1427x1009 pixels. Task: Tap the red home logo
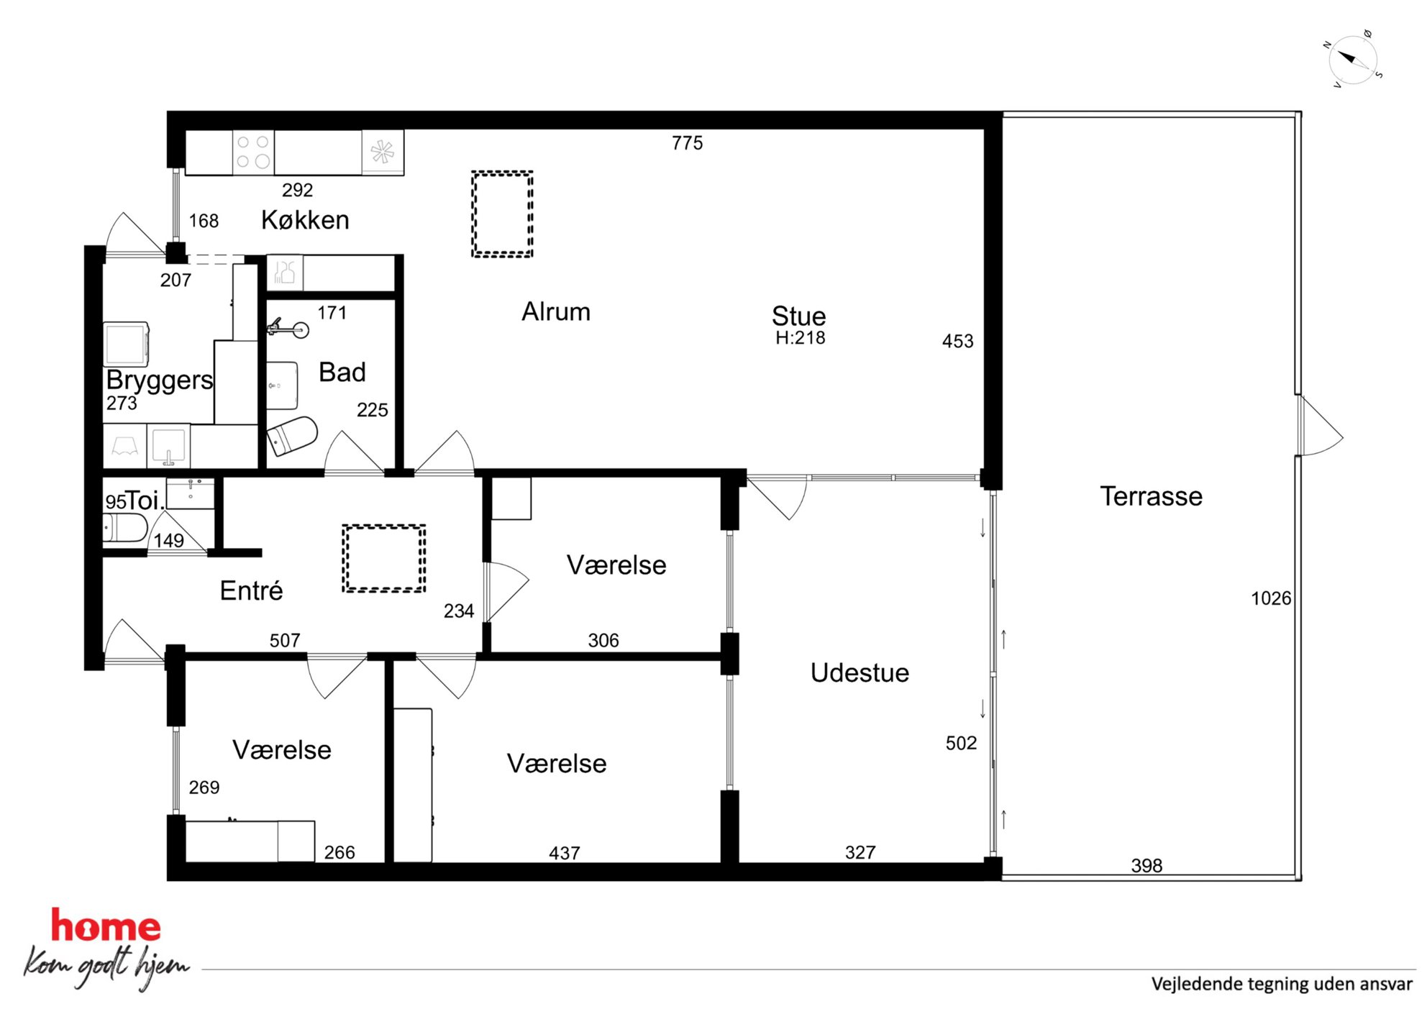(106, 926)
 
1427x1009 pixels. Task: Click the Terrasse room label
(1151, 496)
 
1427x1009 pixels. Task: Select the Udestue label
(860, 672)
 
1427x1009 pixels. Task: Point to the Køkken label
(305, 219)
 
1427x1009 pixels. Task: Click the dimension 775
(687, 143)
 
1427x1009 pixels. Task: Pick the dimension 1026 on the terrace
(1271, 598)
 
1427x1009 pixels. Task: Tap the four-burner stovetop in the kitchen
(253, 152)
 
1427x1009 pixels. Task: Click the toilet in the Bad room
(292, 436)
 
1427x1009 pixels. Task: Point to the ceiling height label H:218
(800, 338)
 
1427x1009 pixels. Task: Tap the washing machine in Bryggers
(127, 344)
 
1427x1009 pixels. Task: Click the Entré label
(251, 590)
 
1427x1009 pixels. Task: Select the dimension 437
(564, 853)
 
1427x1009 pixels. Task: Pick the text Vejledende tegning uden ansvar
(1282, 984)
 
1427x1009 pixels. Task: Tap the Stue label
(798, 316)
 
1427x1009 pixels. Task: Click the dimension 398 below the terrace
(1146, 865)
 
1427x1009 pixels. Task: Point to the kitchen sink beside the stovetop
(383, 152)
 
